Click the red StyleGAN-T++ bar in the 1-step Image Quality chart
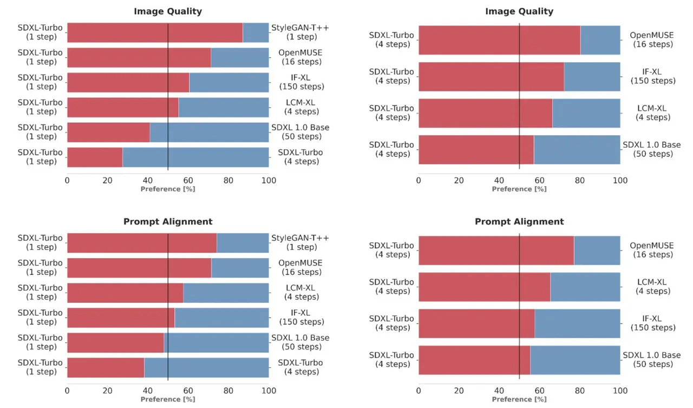click(x=155, y=32)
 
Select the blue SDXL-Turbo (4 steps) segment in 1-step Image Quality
click(x=195, y=157)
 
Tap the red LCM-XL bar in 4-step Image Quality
click(x=485, y=113)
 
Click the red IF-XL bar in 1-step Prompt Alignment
click(x=121, y=317)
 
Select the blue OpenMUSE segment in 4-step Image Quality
click(x=600, y=40)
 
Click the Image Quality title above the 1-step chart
click(x=168, y=11)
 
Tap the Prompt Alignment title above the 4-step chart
click(x=519, y=221)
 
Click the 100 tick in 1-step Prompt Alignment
click(x=269, y=390)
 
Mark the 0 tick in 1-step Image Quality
click(x=67, y=180)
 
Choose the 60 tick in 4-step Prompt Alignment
click(x=540, y=390)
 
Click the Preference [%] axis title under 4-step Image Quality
click(x=519, y=189)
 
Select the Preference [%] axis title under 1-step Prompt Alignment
click(x=168, y=399)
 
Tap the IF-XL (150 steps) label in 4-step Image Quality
click(x=653, y=76)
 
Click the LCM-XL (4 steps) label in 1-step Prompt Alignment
click(x=302, y=292)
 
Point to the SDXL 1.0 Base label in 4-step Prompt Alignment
click(x=652, y=360)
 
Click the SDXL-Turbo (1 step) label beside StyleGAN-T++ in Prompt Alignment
click(x=40, y=242)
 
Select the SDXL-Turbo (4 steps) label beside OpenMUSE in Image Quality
click(x=391, y=40)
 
